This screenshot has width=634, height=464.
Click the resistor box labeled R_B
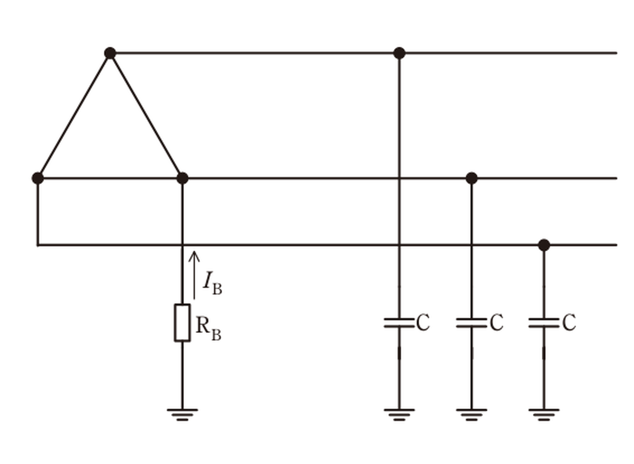[x=182, y=323]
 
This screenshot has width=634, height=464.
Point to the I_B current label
[x=212, y=283]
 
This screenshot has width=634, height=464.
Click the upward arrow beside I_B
[x=194, y=275]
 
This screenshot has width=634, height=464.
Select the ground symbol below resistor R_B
[x=182, y=415]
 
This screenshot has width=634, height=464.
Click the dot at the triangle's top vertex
[x=110, y=53]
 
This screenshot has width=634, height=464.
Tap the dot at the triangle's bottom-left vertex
[x=38, y=178]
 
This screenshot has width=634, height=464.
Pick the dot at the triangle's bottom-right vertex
[x=182, y=178]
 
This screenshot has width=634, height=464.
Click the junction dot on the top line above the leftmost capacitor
[x=400, y=53]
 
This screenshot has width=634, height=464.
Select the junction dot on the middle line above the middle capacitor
[x=472, y=178]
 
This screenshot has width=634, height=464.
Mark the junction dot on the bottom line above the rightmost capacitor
[x=544, y=245]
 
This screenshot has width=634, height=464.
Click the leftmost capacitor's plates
[x=400, y=323]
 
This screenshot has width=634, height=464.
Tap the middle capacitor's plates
[x=472, y=323]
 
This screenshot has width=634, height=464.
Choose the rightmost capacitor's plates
[x=544, y=323]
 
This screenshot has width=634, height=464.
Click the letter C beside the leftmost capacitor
[x=423, y=322]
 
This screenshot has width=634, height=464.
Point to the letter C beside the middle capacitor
[x=497, y=322]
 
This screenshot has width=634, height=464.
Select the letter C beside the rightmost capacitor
[x=569, y=322]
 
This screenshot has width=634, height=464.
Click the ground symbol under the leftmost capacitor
[x=400, y=415]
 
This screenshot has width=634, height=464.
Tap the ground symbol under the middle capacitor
[x=472, y=415]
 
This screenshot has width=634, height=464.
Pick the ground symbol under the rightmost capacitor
[x=544, y=415]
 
